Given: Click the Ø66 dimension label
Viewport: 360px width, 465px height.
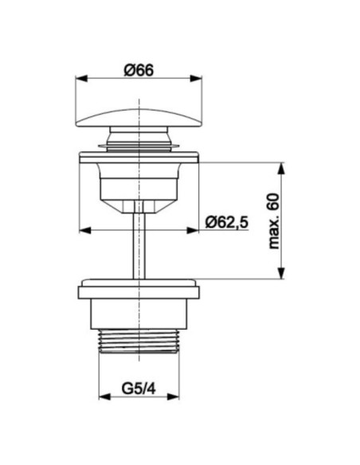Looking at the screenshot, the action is coord(139,71).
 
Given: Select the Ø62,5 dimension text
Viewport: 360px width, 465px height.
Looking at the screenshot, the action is coord(227,222).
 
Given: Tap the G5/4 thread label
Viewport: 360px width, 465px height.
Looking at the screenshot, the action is coord(139,389).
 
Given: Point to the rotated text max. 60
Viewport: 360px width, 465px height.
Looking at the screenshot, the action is coord(273,221).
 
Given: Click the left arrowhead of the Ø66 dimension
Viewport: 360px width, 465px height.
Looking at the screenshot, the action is coord(81,78).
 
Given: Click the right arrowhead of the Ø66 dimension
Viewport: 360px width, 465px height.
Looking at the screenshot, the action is coord(196,78).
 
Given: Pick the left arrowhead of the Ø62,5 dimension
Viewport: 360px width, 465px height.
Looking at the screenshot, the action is coord(85,230).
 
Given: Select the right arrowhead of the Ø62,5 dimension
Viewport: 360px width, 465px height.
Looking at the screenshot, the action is coord(193,230).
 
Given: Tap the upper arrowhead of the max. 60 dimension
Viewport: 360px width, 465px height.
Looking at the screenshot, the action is coord(281,168).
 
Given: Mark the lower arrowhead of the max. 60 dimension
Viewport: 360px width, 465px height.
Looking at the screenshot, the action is coord(281,273).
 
